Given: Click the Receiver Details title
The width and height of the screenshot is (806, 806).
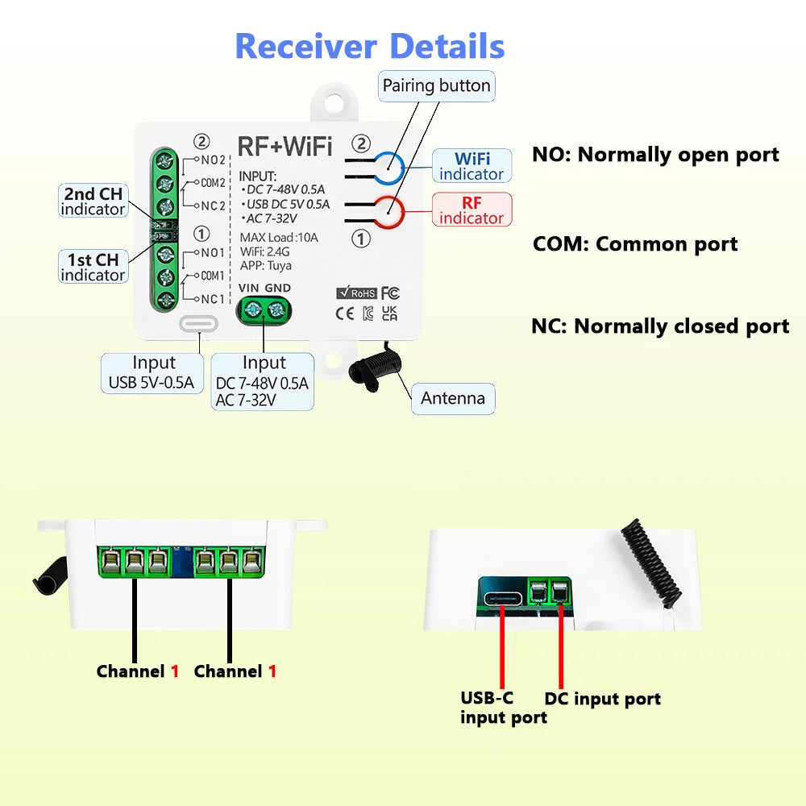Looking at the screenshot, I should click(x=369, y=47).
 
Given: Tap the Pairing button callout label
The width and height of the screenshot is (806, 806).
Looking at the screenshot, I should click(x=436, y=85).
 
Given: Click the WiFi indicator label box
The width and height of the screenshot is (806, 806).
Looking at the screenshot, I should click(x=472, y=166).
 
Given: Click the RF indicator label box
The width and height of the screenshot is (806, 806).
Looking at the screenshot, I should click(x=472, y=210).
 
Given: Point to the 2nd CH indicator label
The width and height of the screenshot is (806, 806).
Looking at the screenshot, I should click(x=93, y=201).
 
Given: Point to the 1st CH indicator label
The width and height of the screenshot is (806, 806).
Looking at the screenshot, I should click(x=93, y=267).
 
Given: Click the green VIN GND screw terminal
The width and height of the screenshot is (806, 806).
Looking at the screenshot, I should click(x=264, y=310).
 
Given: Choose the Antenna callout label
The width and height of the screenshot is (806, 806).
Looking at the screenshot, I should click(x=453, y=398).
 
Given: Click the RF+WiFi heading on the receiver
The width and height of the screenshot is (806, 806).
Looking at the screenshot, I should click(x=285, y=146).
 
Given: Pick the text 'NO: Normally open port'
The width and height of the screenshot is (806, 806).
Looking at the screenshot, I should click(x=655, y=155).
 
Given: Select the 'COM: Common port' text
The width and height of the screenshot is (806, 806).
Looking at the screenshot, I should click(x=635, y=244).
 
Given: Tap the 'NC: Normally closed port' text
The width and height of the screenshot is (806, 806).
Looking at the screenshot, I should click(x=660, y=326).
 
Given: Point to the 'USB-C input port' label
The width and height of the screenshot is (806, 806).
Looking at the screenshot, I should click(x=503, y=707).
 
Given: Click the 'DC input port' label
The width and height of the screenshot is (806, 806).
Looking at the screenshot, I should click(x=602, y=699).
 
